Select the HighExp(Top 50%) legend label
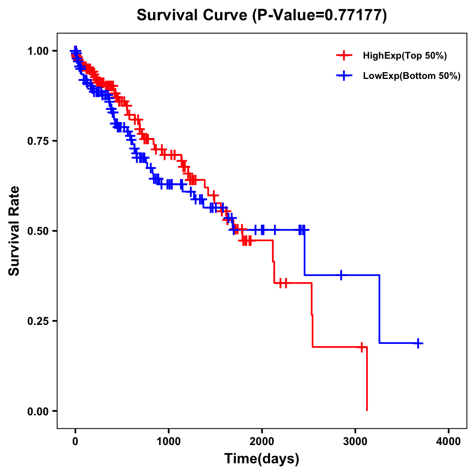coord(405,56)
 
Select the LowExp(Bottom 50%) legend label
coord(412,76)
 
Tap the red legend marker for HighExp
coord(344,56)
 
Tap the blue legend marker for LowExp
coord(344,75)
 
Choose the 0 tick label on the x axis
coord(75,441)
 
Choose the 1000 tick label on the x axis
coord(169,441)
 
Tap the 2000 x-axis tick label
coord(262,441)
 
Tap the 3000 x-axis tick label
coord(355,441)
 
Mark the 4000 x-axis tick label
coord(449,441)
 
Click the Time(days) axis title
coord(262,459)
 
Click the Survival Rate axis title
coord(14,231)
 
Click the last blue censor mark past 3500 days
coord(418,343)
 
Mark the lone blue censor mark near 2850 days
coord(341,275)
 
